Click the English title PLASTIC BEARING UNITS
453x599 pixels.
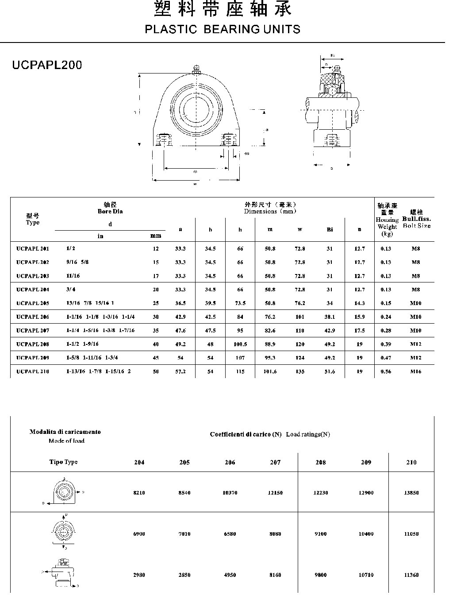[223, 30]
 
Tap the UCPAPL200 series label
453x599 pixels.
[47, 65]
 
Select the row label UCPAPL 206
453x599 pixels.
[33, 317]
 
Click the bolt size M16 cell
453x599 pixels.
[415, 372]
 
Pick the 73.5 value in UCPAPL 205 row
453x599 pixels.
[240, 304]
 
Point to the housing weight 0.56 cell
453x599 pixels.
[386, 372]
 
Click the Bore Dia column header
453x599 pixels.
[110, 211]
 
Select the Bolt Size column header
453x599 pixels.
[417, 226]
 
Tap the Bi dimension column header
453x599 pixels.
[330, 229]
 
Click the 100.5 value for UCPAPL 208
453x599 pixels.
[240, 344]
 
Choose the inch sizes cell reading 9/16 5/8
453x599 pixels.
[77, 262]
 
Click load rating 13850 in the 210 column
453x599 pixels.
[411, 493]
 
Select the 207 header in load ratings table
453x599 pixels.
[275, 463]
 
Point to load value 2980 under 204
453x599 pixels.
[139, 575]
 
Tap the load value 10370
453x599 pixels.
[230, 493]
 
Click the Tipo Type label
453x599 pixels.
[63, 462]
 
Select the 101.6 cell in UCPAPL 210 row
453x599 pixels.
[270, 372]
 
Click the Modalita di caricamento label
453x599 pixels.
[65, 432]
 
